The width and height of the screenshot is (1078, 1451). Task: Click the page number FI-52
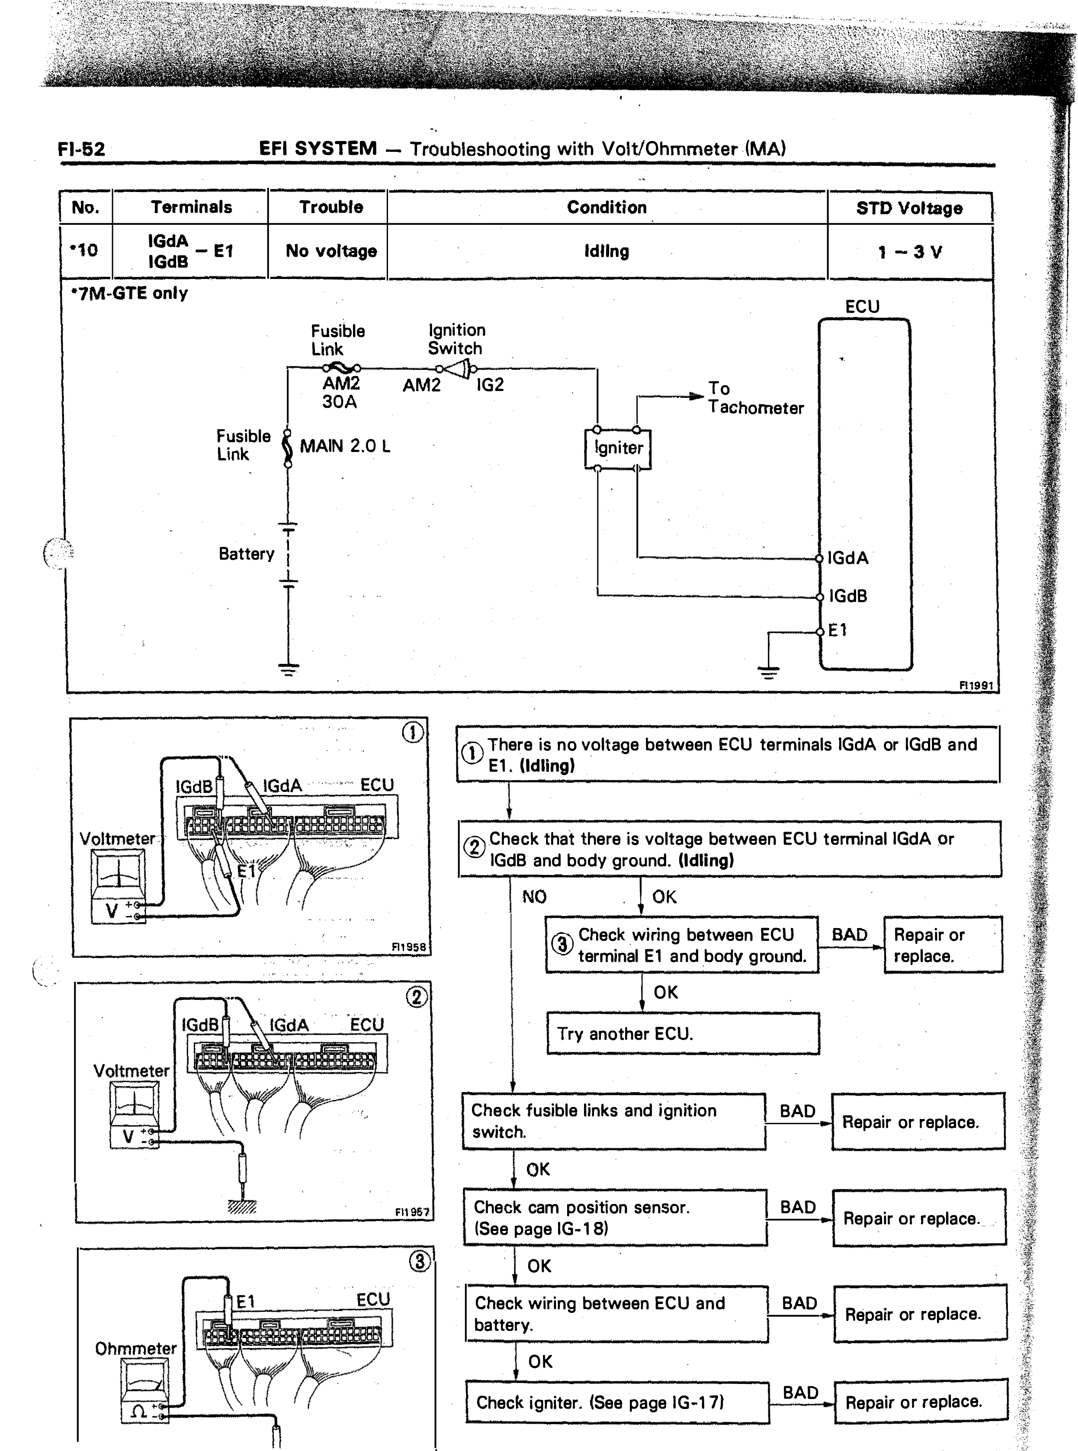[x=82, y=149]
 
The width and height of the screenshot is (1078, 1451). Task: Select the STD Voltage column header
[x=909, y=208]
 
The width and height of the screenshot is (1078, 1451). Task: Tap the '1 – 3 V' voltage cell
[x=909, y=252]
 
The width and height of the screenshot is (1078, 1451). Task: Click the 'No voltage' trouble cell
[x=331, y=251]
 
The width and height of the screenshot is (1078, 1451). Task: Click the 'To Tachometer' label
[x=756, y=398]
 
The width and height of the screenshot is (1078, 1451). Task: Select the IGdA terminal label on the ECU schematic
[x=848, y=558]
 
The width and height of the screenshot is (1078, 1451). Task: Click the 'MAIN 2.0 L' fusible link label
[x=344, y=446]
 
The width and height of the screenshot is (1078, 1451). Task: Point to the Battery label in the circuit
[x=246, y=554]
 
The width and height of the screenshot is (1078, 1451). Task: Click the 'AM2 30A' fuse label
[x=340, y=393]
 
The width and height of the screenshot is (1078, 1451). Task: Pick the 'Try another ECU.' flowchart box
[x=683, y=1034]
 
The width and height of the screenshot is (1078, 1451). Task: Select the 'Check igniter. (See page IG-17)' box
[x=617, y=1402]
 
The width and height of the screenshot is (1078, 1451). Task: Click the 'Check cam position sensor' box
[x=615, y=1217]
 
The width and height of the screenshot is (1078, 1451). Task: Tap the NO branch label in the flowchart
[x=534, y=897]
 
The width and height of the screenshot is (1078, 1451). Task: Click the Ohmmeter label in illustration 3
[x=136, y=1349]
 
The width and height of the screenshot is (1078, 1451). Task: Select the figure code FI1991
[x=976, y=685]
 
